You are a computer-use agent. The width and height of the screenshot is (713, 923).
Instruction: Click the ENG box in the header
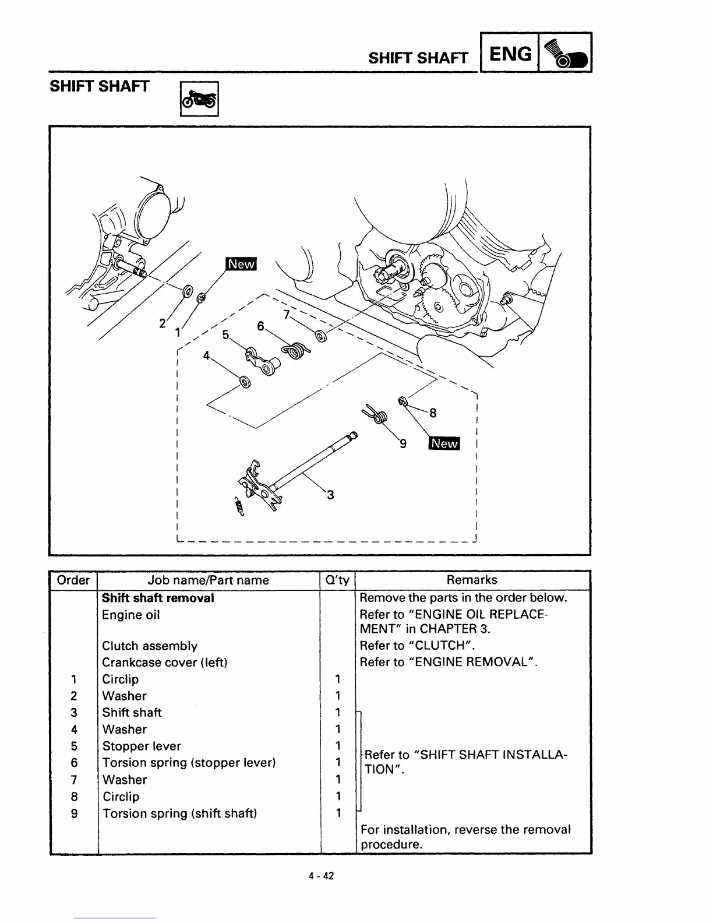[510, 54]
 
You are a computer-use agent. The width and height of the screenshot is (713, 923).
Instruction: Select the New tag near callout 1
[241, 264]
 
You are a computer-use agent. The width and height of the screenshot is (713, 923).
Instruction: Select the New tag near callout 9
[444, 443]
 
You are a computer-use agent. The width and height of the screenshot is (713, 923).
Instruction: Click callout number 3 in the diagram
[330, 495]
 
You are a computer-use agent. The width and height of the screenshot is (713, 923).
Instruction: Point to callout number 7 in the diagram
[286, 315]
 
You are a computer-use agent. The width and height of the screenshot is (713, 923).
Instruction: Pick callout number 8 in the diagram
[433, 413]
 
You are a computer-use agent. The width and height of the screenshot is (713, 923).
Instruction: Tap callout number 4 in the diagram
[206, 355]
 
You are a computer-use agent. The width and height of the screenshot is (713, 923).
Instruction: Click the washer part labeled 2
[188, 290]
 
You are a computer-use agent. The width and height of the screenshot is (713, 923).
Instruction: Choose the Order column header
[73, 580]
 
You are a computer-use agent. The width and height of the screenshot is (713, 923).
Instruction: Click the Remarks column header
[472, 580]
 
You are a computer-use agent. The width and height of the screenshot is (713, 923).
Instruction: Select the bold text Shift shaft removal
[158, 598]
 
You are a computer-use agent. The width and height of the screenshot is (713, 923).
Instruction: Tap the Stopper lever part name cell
[142, 746]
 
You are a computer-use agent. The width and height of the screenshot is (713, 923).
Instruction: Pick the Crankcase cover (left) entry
[164, 663]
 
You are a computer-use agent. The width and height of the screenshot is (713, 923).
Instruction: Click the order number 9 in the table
[74, 813]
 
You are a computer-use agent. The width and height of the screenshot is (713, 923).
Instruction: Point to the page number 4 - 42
[321, 876]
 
